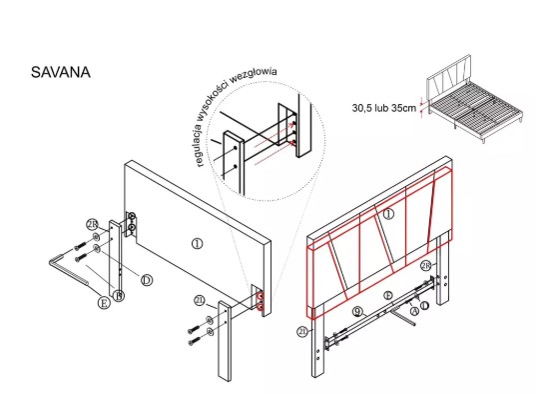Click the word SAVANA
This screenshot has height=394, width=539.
click(61, 72)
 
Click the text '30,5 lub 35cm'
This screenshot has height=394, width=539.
click(384, 108)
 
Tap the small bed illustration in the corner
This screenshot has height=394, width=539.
click(474, 98)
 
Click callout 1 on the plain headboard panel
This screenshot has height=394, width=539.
click(197, 244)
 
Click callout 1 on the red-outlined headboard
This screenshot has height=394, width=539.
click(388, 214)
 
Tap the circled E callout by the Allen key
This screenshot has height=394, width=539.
click(104, 303)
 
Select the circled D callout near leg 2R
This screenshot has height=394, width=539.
click(147, 280)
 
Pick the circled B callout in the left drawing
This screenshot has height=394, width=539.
click(119, 296)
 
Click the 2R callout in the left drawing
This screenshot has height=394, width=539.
click(92, 225)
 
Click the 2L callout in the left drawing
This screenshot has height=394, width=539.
click(200, 300)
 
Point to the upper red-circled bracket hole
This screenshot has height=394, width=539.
click(261, 296)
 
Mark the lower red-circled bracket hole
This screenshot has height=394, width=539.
click(261, 307)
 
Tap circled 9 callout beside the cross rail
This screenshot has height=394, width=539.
click(358, 312)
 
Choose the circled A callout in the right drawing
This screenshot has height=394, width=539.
click(414, 311)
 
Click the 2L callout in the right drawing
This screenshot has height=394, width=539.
click(302, 332)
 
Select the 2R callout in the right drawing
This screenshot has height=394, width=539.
click(426, 266)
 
